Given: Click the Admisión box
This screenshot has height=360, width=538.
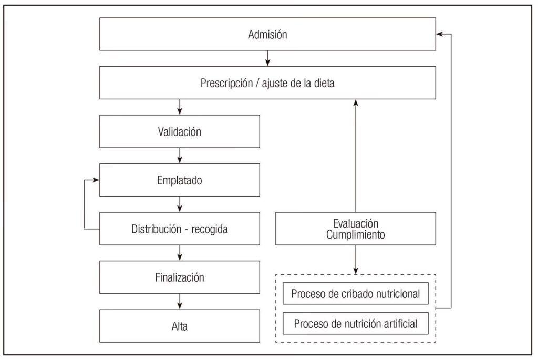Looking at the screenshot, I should (267, 35).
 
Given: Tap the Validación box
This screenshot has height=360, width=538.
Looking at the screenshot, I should (179, 131).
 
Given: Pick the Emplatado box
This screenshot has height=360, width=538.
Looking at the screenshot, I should (179, 180).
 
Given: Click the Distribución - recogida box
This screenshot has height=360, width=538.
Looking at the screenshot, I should (179, 229).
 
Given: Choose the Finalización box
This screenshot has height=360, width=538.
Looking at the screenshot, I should (179, 277).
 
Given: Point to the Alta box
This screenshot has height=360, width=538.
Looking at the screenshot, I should (179, 326).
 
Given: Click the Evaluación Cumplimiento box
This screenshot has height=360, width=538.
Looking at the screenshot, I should (355, 229).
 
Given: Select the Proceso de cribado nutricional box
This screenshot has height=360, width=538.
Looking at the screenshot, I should (355, 294).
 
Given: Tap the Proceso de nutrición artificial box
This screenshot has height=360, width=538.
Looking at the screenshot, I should (355, 324).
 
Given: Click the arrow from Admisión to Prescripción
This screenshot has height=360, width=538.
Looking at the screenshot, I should (268, 58).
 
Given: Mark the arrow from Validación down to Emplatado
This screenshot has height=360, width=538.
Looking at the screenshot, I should (180, 156).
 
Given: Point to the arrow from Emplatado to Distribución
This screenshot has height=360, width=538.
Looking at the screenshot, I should (180, 204).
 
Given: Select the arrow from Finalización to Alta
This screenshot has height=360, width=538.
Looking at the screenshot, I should (180, 301).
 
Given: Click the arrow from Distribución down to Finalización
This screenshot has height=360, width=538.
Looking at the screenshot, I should (180, 253).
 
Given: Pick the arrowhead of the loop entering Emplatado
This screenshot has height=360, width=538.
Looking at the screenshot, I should (96, 180).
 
